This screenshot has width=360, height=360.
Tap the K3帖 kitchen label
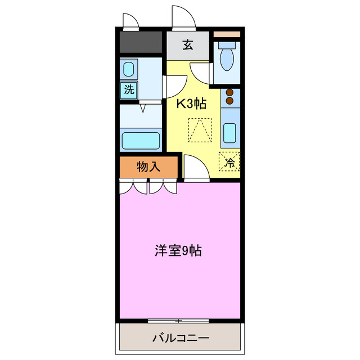192,103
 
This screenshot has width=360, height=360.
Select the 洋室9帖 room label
178,251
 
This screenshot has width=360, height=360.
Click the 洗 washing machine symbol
129,89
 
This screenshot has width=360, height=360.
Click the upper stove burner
229,93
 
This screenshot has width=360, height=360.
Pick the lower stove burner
229,101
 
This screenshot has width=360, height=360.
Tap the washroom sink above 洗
129,70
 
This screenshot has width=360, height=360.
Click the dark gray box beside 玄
141,42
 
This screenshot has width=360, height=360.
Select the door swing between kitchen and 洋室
195,169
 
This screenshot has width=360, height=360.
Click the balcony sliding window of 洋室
178,321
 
